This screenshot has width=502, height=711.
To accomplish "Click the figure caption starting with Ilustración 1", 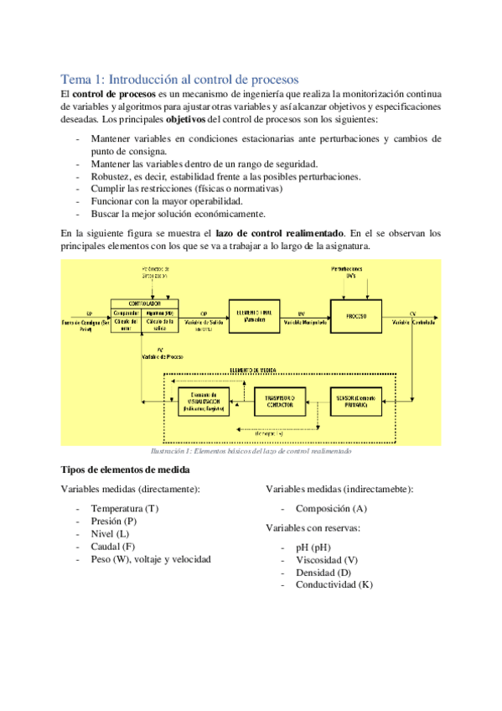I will pyautogui.click(x=251, y=451).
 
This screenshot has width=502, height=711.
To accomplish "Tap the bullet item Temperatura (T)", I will pyautogui.click(x=124, y=509).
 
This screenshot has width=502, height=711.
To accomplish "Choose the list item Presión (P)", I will pyautogui.click(x=114, y=521).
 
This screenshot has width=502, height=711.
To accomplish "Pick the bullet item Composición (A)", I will pyautogui.click(x=330, y=508).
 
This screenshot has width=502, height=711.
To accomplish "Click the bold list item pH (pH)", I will pyautogui.click(x=313, y=548).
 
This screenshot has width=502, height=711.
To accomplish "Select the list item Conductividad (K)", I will pyautogui.click(x=334, y=584).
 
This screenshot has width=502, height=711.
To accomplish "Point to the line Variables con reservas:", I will pyautogui.click(x=313, y=528).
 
